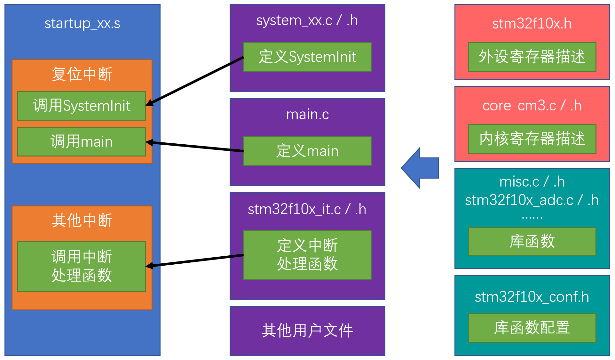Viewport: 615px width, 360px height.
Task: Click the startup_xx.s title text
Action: click(x=82, y=23)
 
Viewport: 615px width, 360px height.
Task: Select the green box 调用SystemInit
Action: click(x=82, y=106)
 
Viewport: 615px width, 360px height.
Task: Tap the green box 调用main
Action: click(x=82, y=142)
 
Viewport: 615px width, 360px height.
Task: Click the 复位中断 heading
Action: click(x=82, y=74)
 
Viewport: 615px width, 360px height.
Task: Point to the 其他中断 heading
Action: click(x=82, y=220)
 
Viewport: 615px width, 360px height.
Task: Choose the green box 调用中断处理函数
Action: click(x=82, y=267)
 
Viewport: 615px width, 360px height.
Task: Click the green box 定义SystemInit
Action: click(x=307, y=57)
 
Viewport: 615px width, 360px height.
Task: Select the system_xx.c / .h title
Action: click(x=307, y=20)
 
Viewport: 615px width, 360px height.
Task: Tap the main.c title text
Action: click(x=307, y=115)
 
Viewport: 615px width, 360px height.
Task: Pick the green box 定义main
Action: click(x=307, y=151)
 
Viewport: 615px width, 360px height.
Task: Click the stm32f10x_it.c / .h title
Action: click(x=307, y=209)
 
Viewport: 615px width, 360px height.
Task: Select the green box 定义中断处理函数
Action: click(x=307, y=255)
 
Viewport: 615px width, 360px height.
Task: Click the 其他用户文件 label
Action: click(x=307, y=331)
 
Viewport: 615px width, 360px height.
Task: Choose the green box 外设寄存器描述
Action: click(x=532, y=57)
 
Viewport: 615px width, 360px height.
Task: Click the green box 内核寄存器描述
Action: click(x=532, y=139)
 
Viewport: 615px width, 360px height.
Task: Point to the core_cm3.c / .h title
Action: click(x=532, y=106)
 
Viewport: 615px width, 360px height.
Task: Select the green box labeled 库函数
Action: click(x=532, y=242)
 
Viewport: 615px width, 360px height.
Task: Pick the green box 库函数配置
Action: click(x=532, y=328)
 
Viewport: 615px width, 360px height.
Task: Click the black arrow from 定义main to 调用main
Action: click(x=194, y=147)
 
